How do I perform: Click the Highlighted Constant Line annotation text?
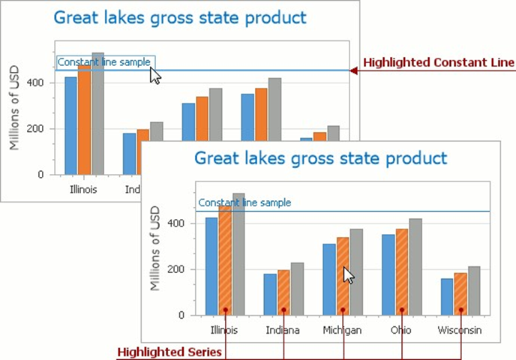coord(439,63)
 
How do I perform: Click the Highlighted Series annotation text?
coord(169,352)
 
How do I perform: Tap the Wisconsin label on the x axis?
coord(460,330)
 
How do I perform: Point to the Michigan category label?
coord(343,330)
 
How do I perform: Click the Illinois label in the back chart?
coord(83,190)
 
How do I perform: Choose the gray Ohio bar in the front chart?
coord(415,267)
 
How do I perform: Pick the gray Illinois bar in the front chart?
coord(239,254)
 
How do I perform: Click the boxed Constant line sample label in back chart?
coord(106,62)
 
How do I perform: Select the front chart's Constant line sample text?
coord(244,202)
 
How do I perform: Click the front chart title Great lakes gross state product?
coord(320,158)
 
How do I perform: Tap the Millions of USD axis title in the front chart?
coord(156,248)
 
